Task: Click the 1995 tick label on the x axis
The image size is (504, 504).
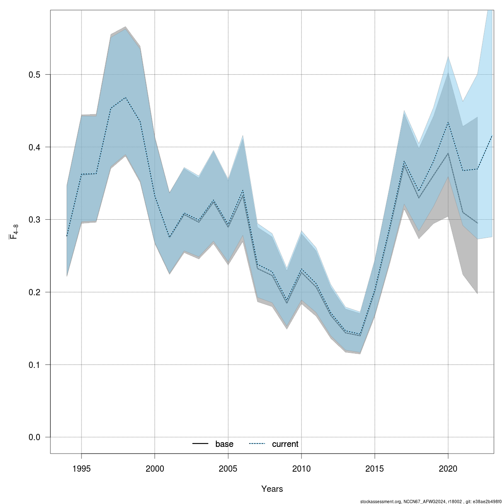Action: [81, 468]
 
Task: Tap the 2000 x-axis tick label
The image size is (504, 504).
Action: [155, 468]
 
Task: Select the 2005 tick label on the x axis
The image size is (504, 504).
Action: [228, 468]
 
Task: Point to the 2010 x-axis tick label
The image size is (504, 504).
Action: [302, 468]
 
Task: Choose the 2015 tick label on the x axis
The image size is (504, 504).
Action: [375, 468]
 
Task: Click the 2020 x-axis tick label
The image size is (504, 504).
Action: [448, 468]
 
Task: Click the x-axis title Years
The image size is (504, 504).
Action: [272, 489]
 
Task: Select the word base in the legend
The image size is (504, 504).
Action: [224, 444]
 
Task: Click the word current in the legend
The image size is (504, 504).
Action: [285, 444]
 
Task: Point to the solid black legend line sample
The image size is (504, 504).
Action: [201, 444]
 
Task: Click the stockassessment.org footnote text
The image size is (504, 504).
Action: [430, 501]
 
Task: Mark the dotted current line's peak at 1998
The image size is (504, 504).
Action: [126, 97]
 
